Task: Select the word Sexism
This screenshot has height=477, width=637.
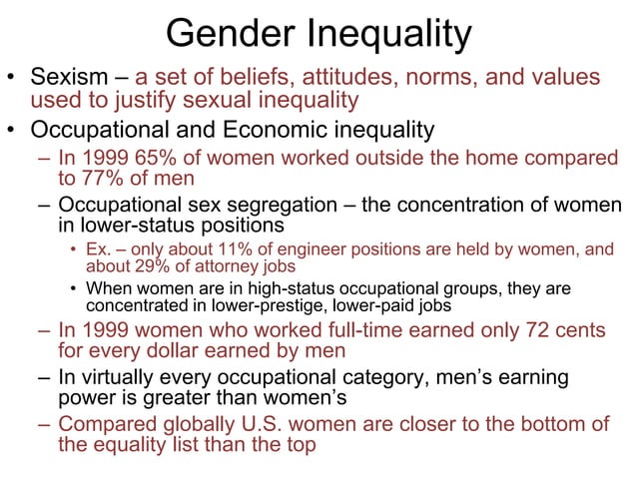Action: (69, 78)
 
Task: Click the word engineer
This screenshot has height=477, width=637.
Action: (301, 249)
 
